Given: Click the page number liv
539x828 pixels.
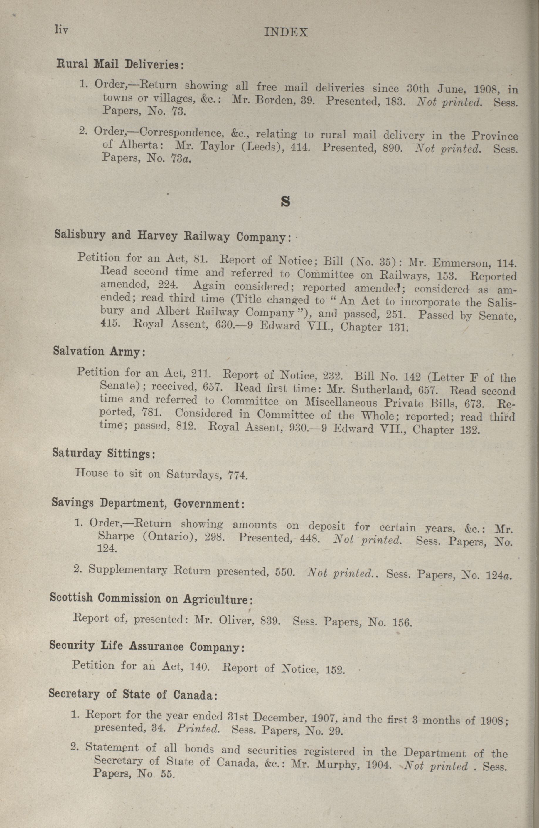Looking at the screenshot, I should click(x=61, y=30).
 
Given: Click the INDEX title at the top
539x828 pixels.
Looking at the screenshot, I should click(x=286, y=33).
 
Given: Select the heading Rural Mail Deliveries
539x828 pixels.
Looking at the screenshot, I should click(x=120, y=64).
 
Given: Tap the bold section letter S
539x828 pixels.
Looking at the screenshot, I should click(x=285, y=202).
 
